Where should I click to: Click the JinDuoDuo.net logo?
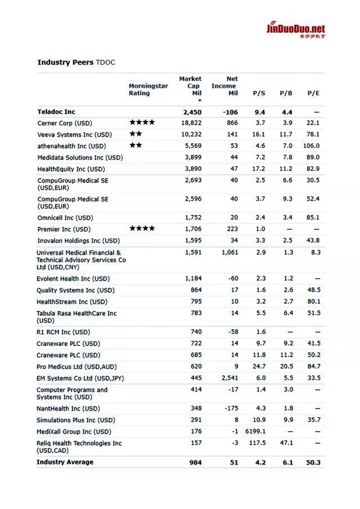(x=295, y=30)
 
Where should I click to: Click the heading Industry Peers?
(x=65, y=62)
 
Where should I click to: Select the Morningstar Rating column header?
(x=148, y=89)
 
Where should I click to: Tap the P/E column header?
(x=313, y=93)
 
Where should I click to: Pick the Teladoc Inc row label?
(x=56, y=112)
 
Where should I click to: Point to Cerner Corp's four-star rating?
(x=142, y=123)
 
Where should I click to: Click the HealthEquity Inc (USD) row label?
(x=71, y=169)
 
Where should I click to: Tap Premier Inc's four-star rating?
(x=142, y=229)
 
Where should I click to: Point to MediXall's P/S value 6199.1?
(x=255, y=431)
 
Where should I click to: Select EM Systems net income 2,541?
(x=229, y=378)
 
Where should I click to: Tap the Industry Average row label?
(x=65, y=462)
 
